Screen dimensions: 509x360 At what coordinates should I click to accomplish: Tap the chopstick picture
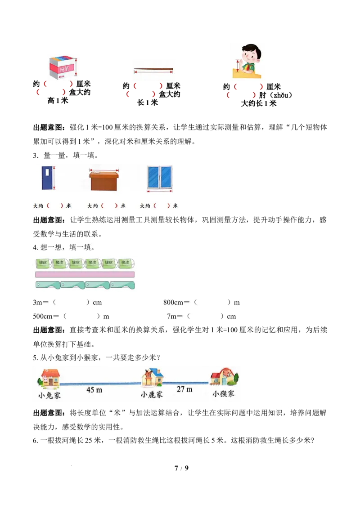click(x=153, y=70)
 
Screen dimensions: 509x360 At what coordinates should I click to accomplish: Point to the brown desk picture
click(x=104, y=180)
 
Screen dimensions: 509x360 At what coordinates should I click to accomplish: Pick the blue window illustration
click(x=159, y=178)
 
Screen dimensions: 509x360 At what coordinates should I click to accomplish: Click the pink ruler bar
click(x=85, y=274)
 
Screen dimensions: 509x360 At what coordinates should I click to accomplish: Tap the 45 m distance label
click(x=94, y=390)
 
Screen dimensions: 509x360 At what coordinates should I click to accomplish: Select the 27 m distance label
click(x=184, y=389)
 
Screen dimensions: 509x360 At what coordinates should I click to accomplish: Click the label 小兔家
click(x=49, y=396)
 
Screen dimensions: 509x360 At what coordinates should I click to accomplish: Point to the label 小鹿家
click(x=152, y=395)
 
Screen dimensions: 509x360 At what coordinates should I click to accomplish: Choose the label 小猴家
click(x=224, y=393)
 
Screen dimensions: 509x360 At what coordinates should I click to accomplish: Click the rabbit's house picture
click(x=50, y=378)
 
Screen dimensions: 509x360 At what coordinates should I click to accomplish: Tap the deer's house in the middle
click(x=152, y=377)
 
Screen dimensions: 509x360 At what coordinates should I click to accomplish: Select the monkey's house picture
click(x=224, y=377)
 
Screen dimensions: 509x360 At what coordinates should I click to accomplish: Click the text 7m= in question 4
click(x=175, y=316)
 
